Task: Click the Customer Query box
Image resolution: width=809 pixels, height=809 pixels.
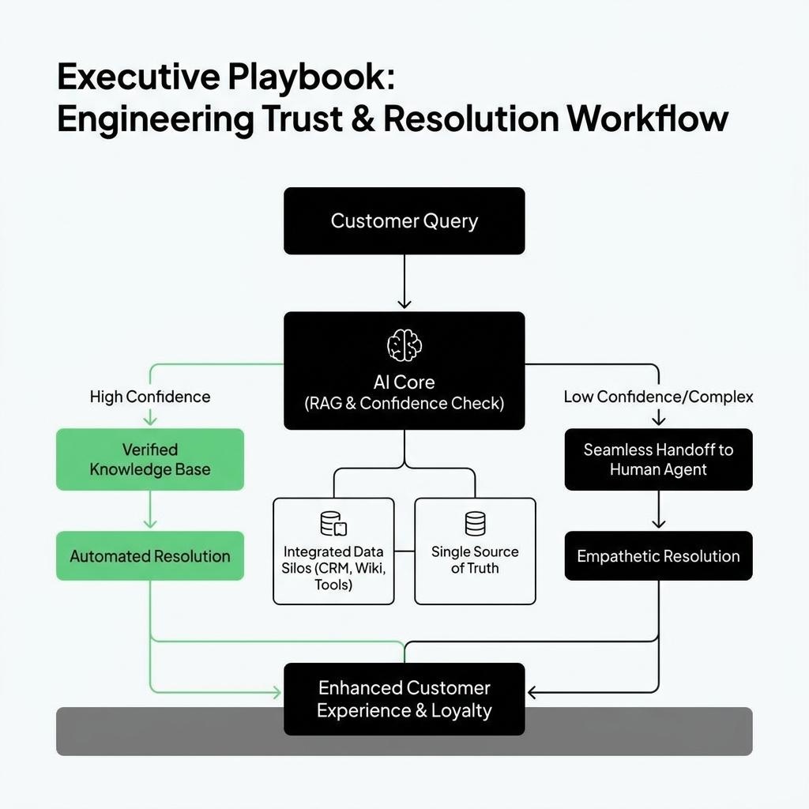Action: (404, 221)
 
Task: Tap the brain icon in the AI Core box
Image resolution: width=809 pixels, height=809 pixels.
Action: (404, 345)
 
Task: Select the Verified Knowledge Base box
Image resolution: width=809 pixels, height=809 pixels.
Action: (150, 459)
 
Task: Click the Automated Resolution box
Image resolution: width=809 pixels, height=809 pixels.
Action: (150, 555)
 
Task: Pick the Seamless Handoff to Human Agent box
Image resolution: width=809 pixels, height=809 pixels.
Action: (658, 459)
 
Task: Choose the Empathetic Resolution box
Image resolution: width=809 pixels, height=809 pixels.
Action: (658, 555)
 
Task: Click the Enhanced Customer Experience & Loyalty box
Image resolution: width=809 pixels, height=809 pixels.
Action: (404, 699)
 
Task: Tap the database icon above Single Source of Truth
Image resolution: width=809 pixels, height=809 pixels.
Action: (475, 524)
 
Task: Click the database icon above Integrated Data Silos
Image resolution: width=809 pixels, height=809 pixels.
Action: (333, 524)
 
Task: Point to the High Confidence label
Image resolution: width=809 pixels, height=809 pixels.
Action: (150, 397)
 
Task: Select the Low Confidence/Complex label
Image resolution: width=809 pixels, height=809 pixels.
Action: (658, 397)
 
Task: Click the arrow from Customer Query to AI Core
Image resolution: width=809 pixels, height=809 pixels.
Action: (404, 282)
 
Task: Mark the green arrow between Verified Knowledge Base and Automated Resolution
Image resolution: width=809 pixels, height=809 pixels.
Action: (150, 510)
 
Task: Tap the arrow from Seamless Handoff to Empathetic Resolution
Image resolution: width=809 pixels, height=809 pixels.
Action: (658, 510)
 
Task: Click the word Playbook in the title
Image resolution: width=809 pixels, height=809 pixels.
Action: (310, 77)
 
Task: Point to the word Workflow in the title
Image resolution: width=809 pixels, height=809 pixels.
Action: (648, 119)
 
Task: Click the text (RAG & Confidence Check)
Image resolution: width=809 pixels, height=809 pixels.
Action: (404, 403)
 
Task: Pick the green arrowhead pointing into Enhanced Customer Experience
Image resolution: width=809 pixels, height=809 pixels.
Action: (277, 692)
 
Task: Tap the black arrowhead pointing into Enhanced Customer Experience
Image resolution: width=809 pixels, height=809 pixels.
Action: (532, 692)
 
